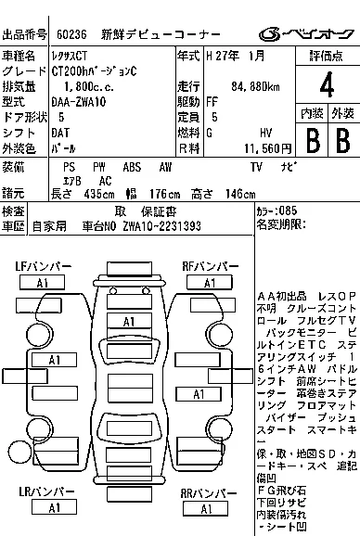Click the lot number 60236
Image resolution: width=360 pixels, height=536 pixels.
[73, 34]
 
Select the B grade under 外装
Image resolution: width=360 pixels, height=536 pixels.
[341, 139]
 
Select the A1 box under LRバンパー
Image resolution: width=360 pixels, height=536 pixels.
[55, 508]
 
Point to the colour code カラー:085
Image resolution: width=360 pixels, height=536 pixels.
[279, 211]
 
